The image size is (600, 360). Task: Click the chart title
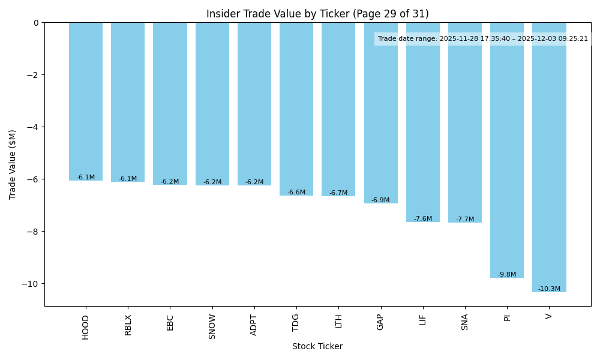[317, 14]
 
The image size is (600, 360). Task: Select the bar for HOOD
[86, 102]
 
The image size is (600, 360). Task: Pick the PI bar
[507, 150]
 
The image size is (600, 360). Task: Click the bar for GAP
[380, 114]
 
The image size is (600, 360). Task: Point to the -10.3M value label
[549, 289]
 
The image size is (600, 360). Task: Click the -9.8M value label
[507, 275]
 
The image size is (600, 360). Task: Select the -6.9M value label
[380, 200]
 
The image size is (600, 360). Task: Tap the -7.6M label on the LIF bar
[422, 219]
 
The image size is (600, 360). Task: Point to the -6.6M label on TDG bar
[296, 193]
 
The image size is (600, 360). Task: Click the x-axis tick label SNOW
[212, 326]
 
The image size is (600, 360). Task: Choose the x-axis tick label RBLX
[128, 325]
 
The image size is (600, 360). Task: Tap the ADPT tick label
[254, 325]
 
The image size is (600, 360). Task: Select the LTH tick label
[338, 321]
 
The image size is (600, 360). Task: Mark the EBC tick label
[170, 322]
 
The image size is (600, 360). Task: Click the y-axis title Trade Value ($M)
[13, 164]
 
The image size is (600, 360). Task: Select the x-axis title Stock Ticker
[317, 347]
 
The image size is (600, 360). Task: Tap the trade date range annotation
[482, 39]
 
